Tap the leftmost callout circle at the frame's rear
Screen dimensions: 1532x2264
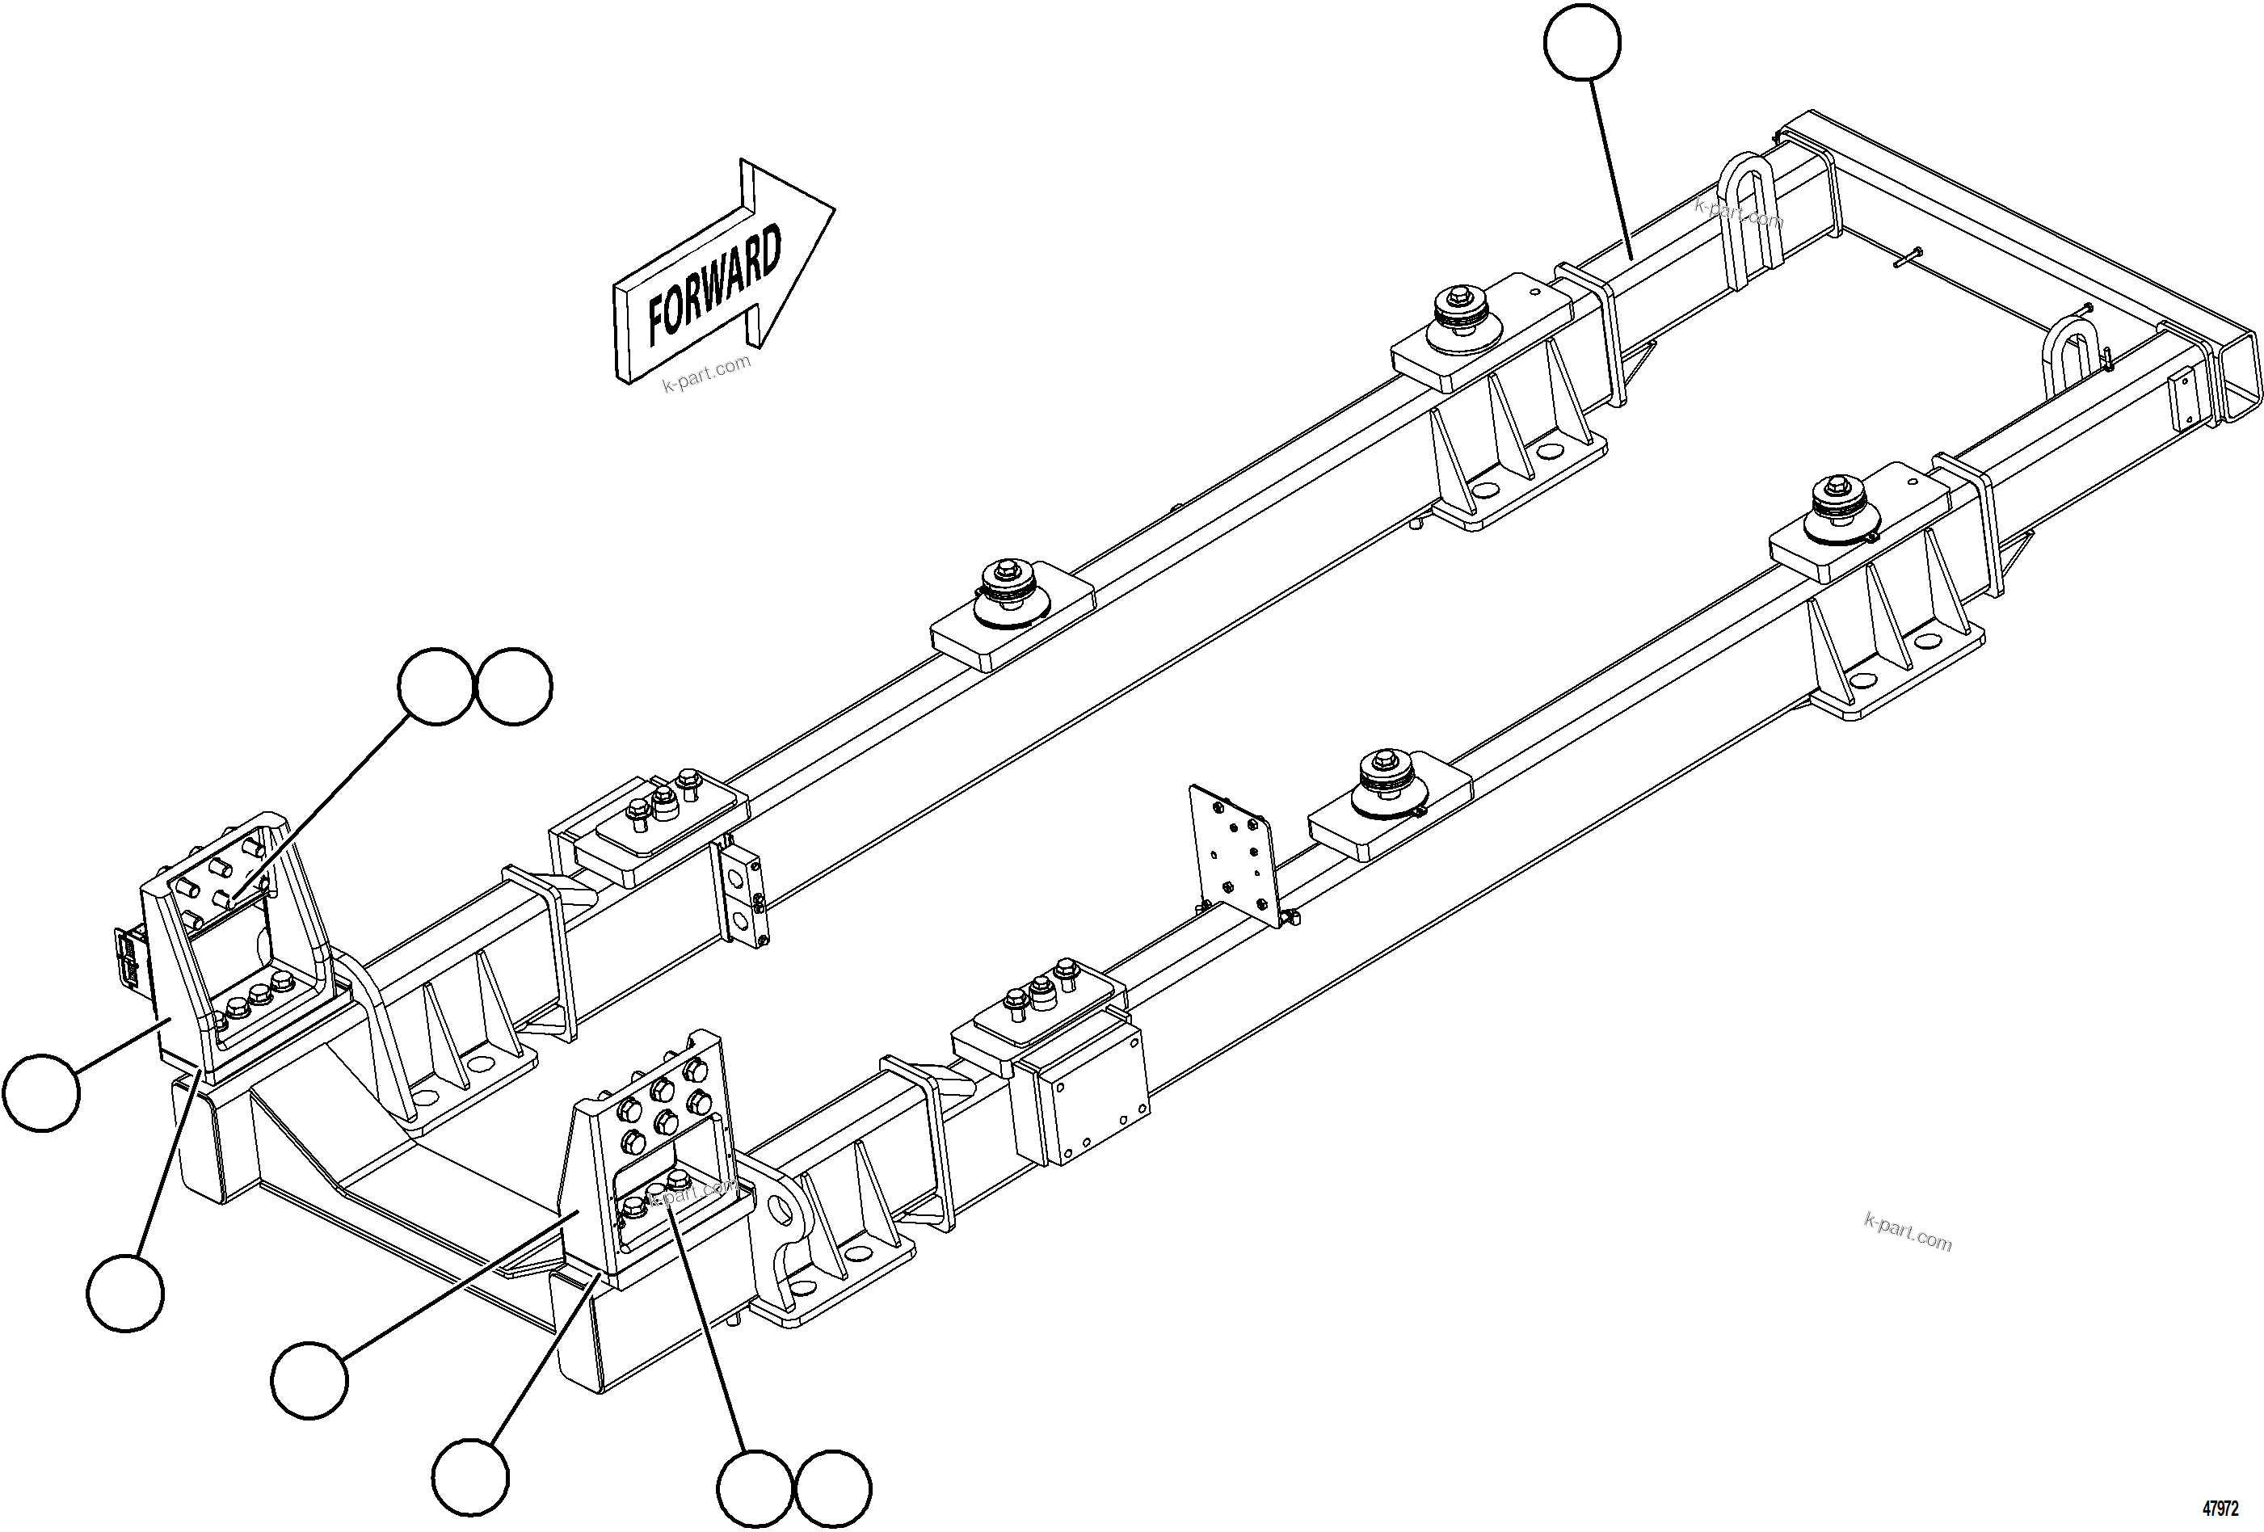pyautogui.click(x=41, y=1092)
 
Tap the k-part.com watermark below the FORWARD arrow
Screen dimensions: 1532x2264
pyautogui.click(x=707, y=373)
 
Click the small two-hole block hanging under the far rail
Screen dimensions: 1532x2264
pyautogui.click(x=745, y=895)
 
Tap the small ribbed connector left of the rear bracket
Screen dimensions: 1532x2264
pyautogui.click(x=128, y=959)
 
